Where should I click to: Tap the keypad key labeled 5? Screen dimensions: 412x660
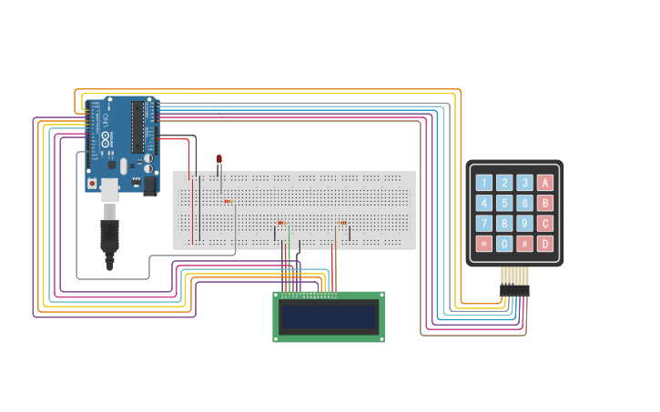pyautogui.click(x=504, y=203)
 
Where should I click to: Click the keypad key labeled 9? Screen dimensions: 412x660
pyautogui.click(x=525, y=223)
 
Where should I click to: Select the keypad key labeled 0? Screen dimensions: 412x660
pyautogui.click(x=504, y=244)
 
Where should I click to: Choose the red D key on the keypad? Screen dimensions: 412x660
pyautogui.click(x=545, y=244)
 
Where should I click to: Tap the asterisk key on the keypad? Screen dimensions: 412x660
pyautogui.click(x=484, y=244)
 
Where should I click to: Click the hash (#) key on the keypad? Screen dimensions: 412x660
pyautogui.click(x=525, y=244)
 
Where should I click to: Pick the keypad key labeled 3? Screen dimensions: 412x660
pyautogui.click(x=525, y=183)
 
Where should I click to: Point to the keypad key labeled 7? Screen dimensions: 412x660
pyautogui.click(x=484, y=223)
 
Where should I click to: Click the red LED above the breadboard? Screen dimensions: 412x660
pyautogui.click(x=219, y=159)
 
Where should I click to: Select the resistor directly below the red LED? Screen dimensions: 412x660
pyautogui.click(x=228, y=201)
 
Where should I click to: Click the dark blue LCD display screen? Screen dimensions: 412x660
pyautogui.click(x=329, y=317)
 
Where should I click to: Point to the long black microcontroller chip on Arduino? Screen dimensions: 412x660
pyautogui.click(x=137, y=126)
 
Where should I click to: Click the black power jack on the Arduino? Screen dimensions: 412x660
pyautogui.click(x=150, y=186)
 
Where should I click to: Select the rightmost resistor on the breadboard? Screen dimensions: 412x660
pyautogui.click(x=343, y=223)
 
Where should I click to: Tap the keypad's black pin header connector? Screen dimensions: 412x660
pyautogui.click(x=514, y=290)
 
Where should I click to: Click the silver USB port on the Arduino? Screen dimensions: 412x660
pyautogui.click(x=109, y=189)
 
